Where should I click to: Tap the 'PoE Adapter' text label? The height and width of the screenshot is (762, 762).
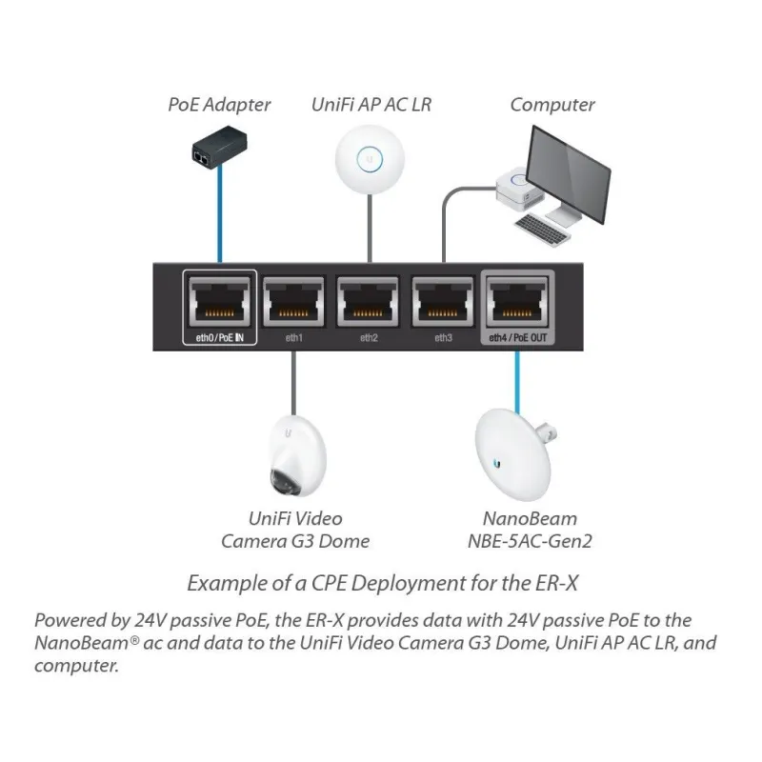pyautogui.click(x=219, y=105)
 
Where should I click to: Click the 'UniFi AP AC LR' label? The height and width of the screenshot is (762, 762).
pyautogui.click(x=371, y=105)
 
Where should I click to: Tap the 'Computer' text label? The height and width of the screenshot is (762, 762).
pyautogui.click(x=552, y=105)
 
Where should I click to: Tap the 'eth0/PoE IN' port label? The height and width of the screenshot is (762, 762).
pyautogui.click(x=220, y=339)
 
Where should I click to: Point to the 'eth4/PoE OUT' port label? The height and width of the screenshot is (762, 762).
pyautogui.click(x=517, y=339)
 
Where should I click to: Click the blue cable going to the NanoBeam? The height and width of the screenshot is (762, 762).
pyautogui.click(x=516, y=376)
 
